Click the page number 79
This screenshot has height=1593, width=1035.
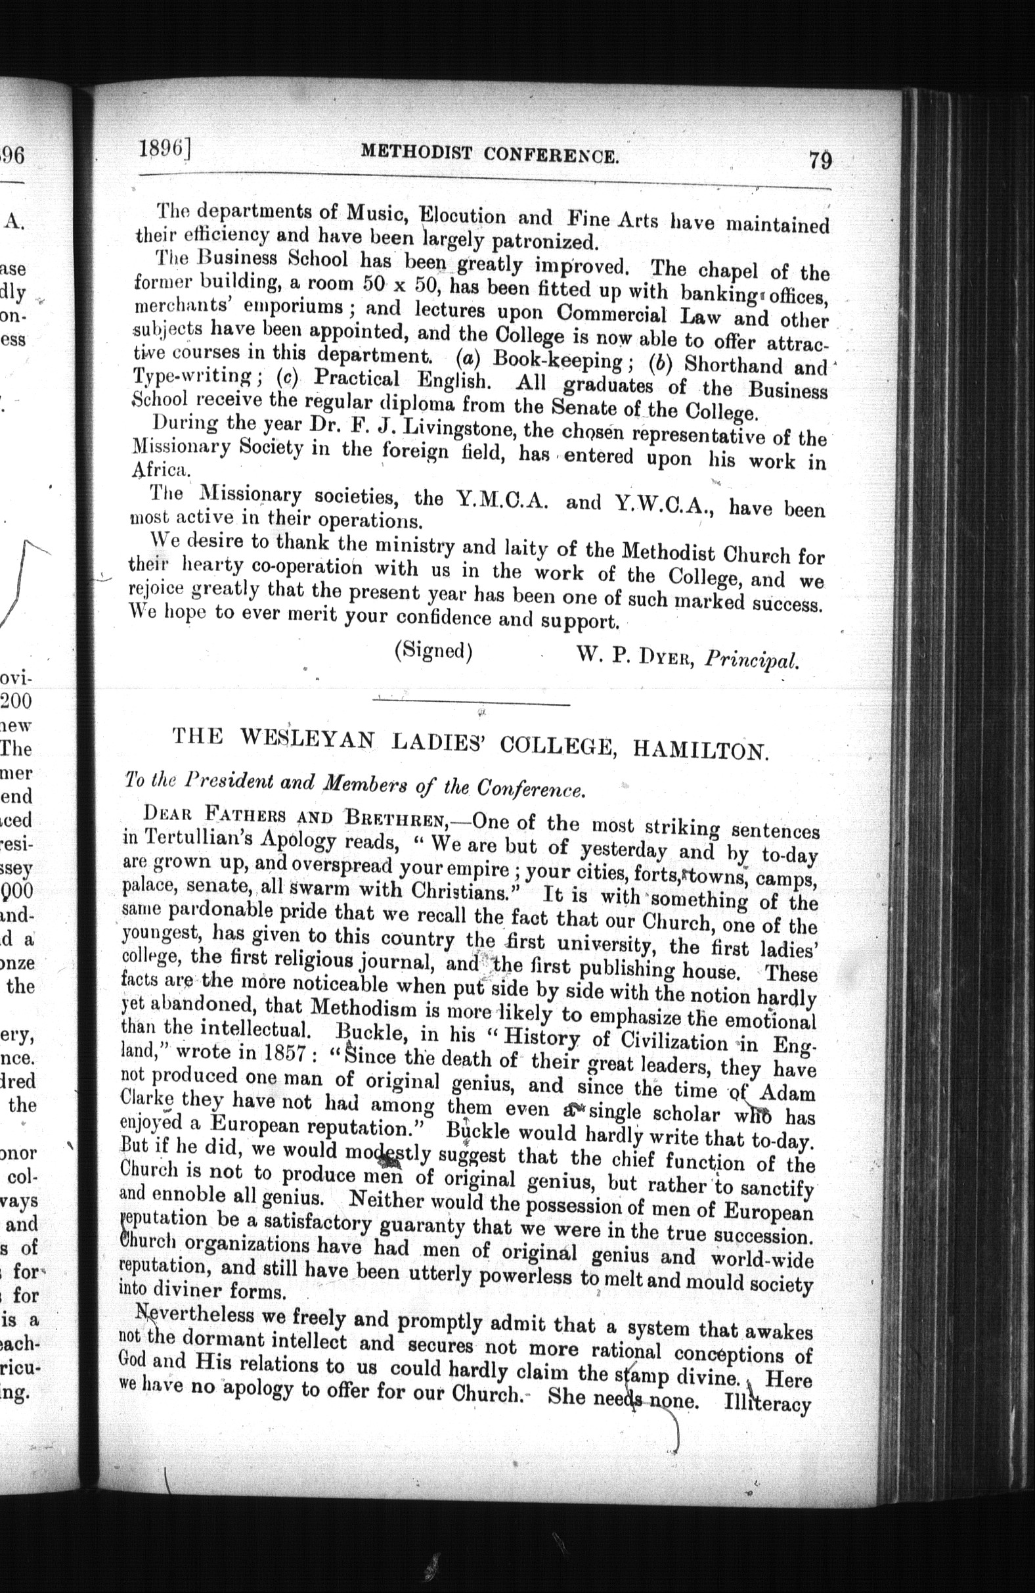coord(819,161)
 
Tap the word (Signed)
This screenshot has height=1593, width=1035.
coord(434,651)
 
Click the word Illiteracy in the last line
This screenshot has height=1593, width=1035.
coord(768,1404)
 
